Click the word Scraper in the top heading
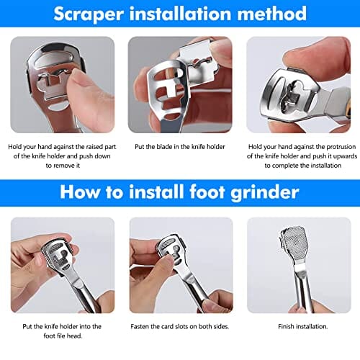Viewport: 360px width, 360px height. click(89, 14)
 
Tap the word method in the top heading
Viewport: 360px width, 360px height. click(272, 14)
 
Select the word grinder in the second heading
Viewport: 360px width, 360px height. click(265, 193)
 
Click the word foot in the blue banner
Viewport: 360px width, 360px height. click(207, 192)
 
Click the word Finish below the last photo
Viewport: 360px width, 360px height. click(286, 326)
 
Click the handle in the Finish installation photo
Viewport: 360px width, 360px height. click(304, 288)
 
